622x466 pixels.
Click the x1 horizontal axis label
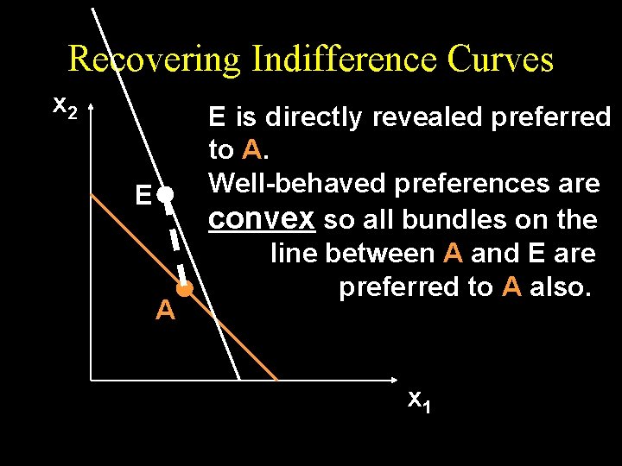pyautogui.click(x=419, y=400)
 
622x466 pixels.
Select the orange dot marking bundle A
pyautogui.click(x=184, y=291)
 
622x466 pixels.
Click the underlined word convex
pyautogui.click(x=263, y=219)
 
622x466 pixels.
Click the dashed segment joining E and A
pyautogui.click(x=177, y=242)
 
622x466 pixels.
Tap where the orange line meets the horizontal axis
pyautogui.click(x=276, y=380)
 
